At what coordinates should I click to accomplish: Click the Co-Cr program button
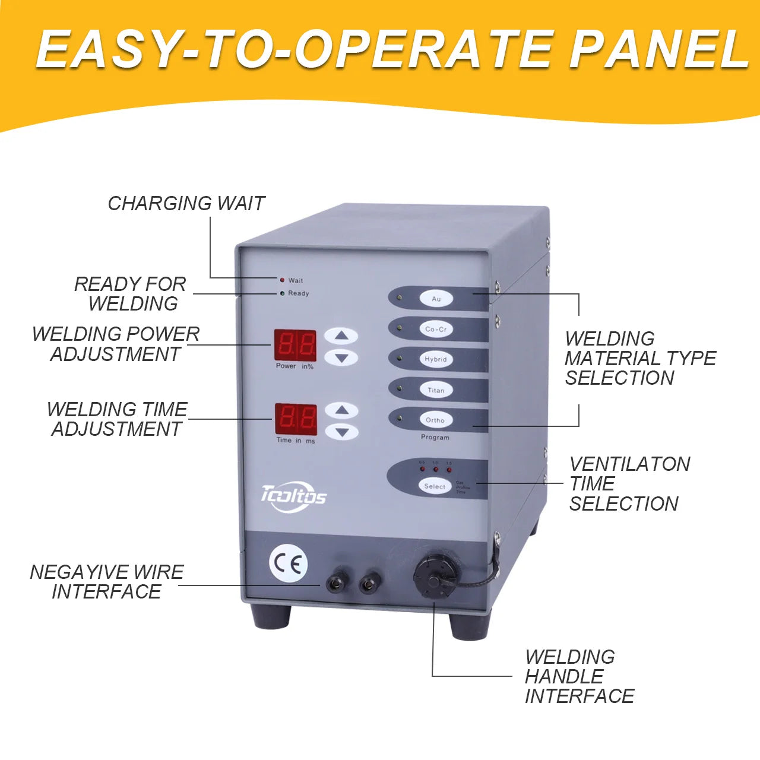click(x=436, y=329)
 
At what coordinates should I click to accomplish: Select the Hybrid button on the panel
click(x=436, y=359)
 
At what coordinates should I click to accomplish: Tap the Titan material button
click(x=436, y=390)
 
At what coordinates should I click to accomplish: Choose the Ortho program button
click(x=435, y=420)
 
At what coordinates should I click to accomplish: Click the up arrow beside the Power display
click(x=341, y=336)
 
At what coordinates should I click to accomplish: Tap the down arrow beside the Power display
click(x=341, y=357)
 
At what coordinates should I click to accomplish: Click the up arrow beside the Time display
click(x=342, y=410)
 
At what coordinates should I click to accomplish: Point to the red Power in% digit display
click(x=295, y=344)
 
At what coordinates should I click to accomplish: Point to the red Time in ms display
click(x=296, y=419)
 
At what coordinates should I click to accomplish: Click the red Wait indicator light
click(x=282, y=280)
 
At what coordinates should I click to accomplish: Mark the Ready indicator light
click(x=282, y=293)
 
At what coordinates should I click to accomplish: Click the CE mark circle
click(x=289, y=563)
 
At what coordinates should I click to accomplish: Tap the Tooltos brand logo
click(x=293, y=495)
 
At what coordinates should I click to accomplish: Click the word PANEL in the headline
click(x=658, y=50)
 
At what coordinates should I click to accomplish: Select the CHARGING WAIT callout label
click(x=186, y=204)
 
